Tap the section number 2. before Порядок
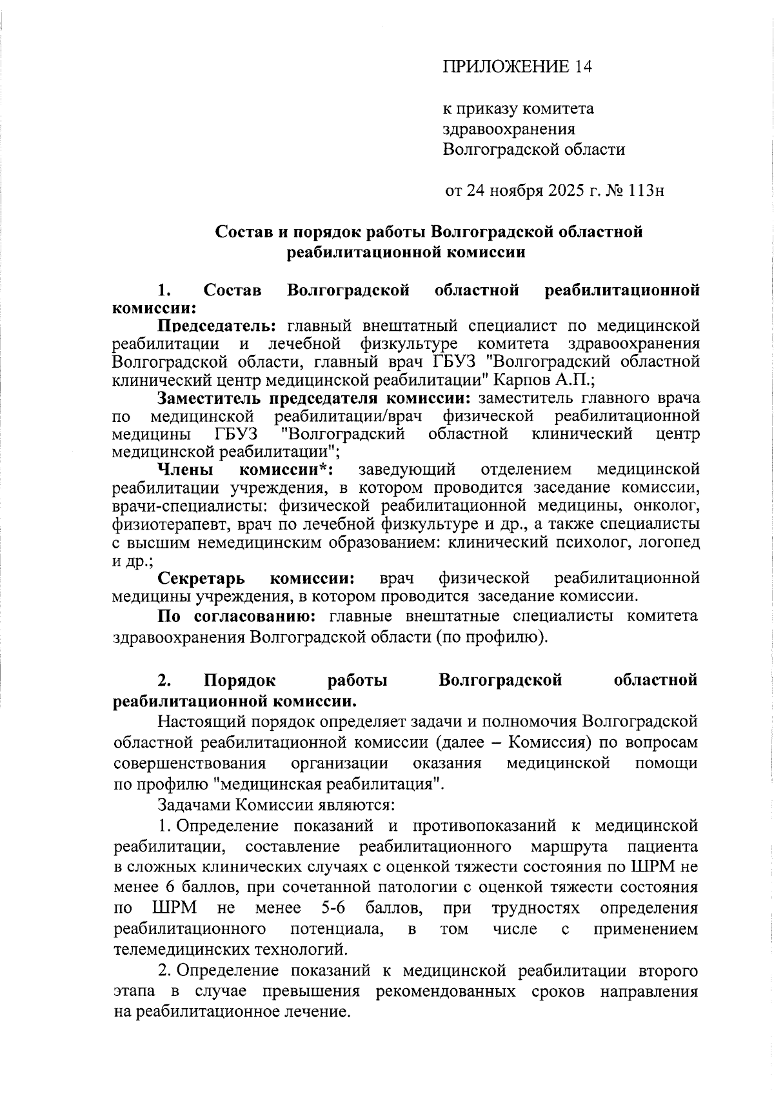coord(164,680)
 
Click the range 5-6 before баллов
coord(333,908)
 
